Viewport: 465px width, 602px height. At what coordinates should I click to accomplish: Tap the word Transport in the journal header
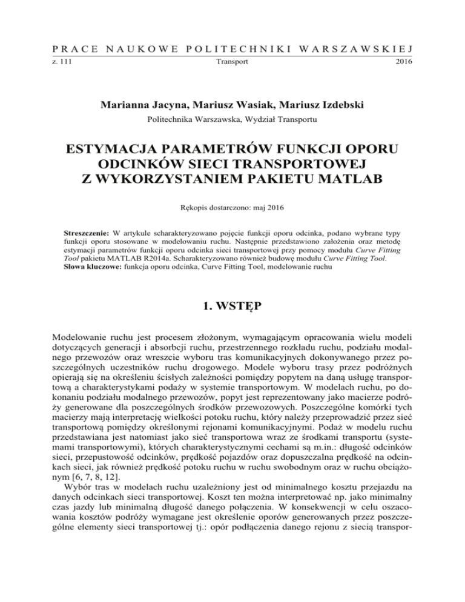click(x=232, y=62)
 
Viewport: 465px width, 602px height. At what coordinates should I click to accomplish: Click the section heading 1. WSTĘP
click(x=232, y=314)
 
